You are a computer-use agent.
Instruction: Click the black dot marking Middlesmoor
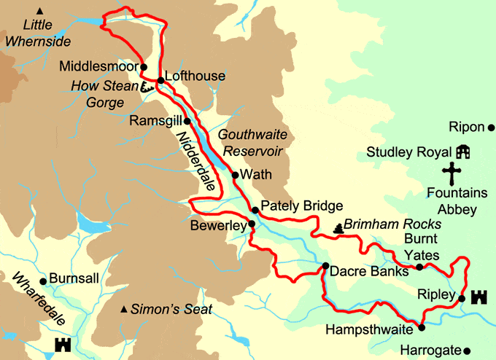click(x=144, y=66)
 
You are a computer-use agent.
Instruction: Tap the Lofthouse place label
click(x=195, y=76)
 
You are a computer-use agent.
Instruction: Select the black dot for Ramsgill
click(x=187, y=121)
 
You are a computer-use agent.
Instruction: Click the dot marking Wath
click(x=235, y=175)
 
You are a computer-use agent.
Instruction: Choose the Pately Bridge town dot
click(x=255, y=211)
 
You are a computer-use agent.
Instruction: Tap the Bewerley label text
click(x=217, y=227)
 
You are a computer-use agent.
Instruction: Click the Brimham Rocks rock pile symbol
click(x=338, y=228)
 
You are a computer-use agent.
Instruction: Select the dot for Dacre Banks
click(x=325, y=266)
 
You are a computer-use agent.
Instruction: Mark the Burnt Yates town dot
click(x=419, y=267)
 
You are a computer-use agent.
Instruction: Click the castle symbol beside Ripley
click(x=479, y=297)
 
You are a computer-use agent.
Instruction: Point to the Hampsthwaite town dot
click(x=421, y=328)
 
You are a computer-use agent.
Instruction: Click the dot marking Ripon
click(x=491, y=128)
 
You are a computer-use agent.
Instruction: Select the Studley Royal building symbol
click(x=462, y=152)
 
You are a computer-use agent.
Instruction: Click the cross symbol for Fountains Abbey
click(x=453, y=175)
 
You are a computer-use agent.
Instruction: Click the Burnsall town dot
click(x=43, y=281)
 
